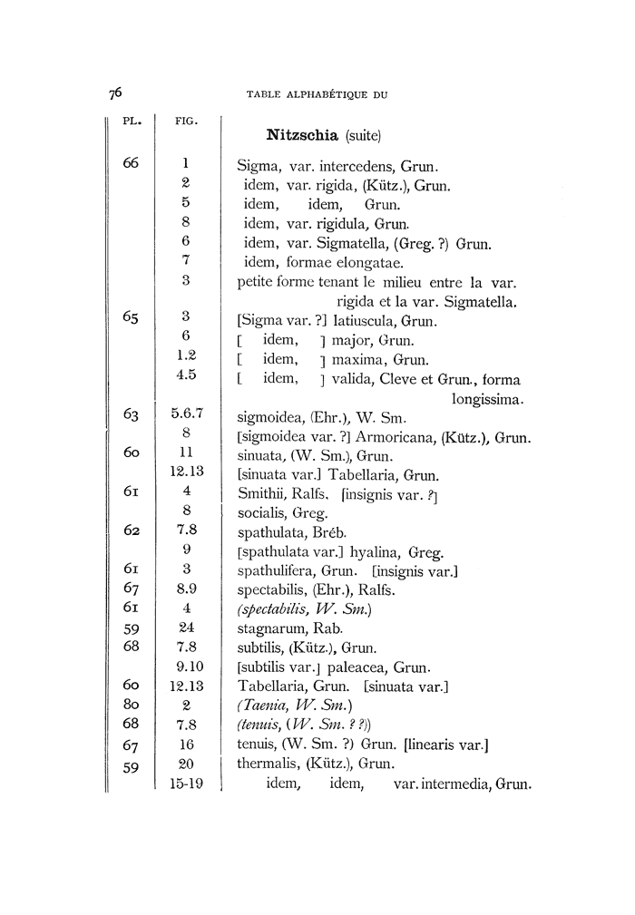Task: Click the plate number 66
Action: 132,165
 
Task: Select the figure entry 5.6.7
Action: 185,415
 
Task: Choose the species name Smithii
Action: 260,494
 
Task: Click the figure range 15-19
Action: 185,783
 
